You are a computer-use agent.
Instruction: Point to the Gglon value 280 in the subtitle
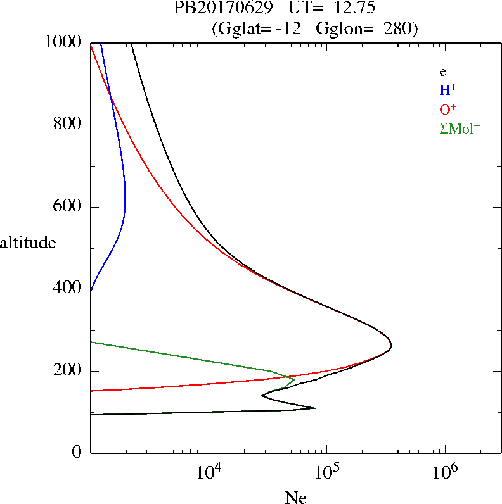[397, 28]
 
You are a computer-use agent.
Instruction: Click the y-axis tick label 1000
[64, 42]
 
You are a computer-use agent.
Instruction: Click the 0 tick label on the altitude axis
[77, 453]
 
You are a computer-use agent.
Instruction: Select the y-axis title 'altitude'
[28, 243]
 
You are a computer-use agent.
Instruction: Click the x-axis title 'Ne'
[295, 498]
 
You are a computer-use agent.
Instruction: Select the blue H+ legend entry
[447, 90]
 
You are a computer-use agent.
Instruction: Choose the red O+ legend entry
[447, 109]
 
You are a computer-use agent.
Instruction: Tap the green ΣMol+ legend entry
[460, 128]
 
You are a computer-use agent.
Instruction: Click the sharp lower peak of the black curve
[315, 408]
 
